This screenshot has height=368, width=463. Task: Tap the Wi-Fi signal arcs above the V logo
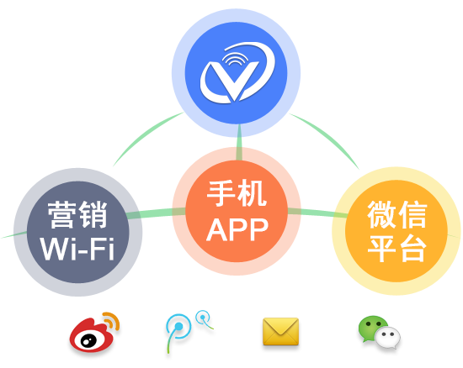[235, 57]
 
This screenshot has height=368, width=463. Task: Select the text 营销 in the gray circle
[77, 214]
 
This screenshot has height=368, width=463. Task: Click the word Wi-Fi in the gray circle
[77, 249]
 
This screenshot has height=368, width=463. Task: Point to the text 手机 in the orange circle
[237, 193]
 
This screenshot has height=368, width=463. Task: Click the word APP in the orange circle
[237, 230]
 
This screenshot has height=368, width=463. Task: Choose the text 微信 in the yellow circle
[396, 214]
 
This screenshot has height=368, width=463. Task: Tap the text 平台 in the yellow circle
[396, 249]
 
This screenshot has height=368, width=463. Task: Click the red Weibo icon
[94, 333]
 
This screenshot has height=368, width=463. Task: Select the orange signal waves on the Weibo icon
[112, 321]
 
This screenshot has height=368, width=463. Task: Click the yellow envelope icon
[280, 331]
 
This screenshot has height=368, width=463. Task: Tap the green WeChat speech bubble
[371, 328]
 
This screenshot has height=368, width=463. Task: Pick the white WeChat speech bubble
[387, 338]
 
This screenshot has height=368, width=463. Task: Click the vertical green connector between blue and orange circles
[239, 142]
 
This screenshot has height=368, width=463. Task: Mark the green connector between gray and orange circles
[156, 213]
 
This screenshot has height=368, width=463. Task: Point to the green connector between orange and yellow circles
[317, 213]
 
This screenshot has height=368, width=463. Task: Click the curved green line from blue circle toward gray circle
[145, 135]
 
